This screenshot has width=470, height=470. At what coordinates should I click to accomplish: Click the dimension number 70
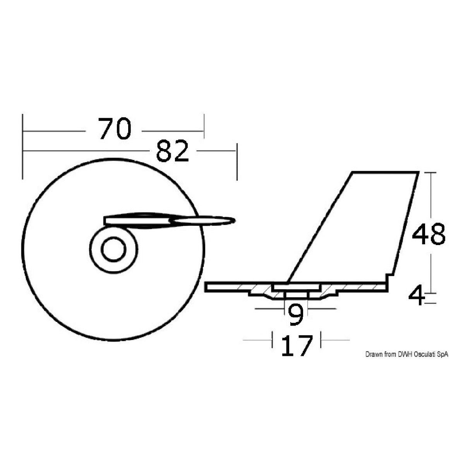coord(115,129)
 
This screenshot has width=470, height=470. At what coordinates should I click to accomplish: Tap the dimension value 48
coord(428,235)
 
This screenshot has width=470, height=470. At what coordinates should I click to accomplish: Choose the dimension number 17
coord(296,345)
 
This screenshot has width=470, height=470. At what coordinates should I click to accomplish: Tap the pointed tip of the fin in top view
coord(233,221)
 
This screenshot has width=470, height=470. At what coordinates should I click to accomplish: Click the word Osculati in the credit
coord(425,354)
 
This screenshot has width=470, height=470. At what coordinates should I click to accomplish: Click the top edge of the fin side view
coord(385,172)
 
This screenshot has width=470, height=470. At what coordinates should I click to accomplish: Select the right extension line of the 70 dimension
coord(204,126)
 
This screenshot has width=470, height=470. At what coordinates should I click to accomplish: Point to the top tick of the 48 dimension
coord(431,172)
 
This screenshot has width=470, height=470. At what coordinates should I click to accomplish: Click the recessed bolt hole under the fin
coord(296,295)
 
